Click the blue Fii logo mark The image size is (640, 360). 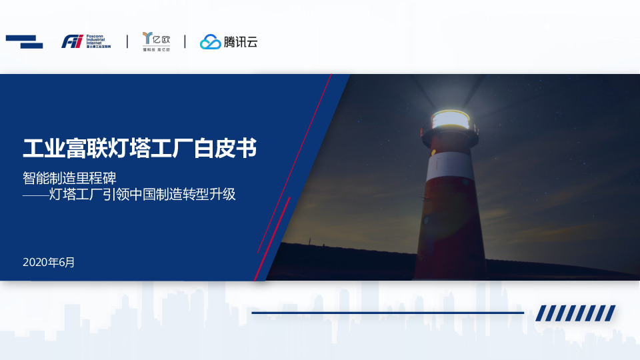pos(72,41)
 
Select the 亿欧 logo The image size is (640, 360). pos(156,41)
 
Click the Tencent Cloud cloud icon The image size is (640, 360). pos(211,42)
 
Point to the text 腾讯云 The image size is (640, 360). pos(241,42)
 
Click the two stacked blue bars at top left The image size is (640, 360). pos(24,41)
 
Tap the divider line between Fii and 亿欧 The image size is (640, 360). pos(127,41)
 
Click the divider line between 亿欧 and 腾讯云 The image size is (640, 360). pos(185,41)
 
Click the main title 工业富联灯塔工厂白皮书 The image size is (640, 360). pos(139,147)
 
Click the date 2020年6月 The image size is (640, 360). pos(49,262)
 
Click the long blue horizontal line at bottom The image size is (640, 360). pos(387,312)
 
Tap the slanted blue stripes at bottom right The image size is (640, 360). pos(576,313)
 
